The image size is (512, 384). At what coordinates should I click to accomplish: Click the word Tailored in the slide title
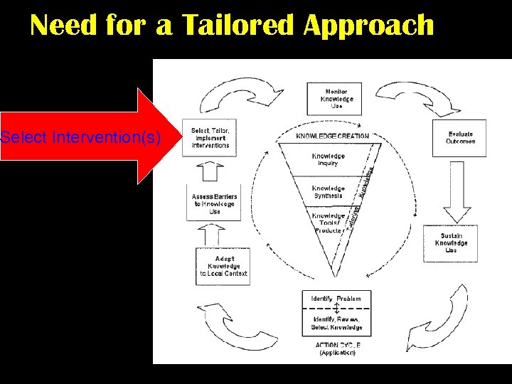pos(238,26)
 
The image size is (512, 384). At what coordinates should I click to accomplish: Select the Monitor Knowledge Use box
pos(336,99)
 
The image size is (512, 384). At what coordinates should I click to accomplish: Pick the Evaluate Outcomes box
pos(460,137)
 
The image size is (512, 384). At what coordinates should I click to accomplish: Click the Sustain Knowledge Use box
pos(451,243)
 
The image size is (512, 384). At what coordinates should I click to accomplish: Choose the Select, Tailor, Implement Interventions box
pos(210,137)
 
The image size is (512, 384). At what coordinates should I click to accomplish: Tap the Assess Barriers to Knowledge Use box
pos(215,203)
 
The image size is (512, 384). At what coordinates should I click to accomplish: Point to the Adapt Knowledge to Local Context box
pos(223,266)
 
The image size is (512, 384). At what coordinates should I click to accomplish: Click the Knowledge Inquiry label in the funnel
pos(328,159)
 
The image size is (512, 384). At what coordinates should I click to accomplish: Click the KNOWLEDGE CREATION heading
pos(332,136)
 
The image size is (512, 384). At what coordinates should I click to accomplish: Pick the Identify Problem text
pos(336,299)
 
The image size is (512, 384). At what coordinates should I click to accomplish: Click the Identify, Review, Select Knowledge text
pos(336,324)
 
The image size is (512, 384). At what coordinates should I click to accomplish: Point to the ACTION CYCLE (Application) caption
pos(336,348)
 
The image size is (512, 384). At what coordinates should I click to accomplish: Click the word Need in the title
pos(65,26)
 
